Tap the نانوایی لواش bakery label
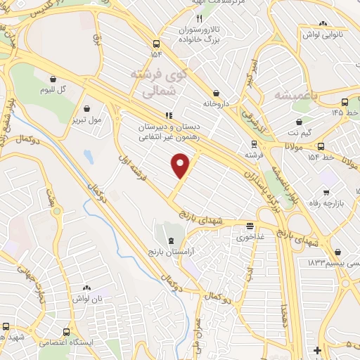point(321,34)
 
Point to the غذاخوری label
point(250,236)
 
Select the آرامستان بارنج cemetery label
point(172,251)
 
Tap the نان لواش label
point(86,299)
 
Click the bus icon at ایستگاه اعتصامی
point(66,331)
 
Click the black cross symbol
point(318,349)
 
